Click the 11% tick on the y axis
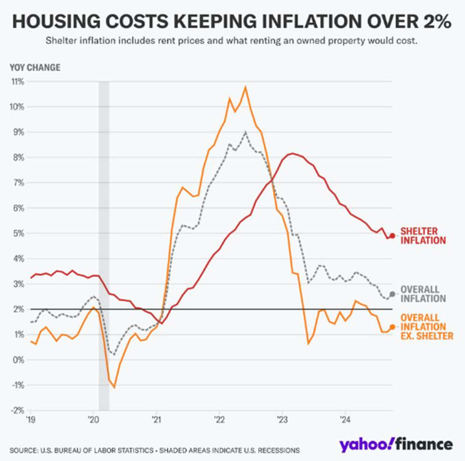18,81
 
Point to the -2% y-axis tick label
18,410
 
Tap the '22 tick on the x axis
219,420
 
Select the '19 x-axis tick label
31,420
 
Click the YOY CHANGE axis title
35,67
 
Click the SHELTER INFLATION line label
423,236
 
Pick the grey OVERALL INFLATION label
423,294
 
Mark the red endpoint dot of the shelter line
392,236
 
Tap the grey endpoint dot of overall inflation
392,294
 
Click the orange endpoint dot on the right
392,327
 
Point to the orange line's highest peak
246,87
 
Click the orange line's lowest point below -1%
114,387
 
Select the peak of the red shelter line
292,154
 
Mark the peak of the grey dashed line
246,132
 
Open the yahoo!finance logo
396,445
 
